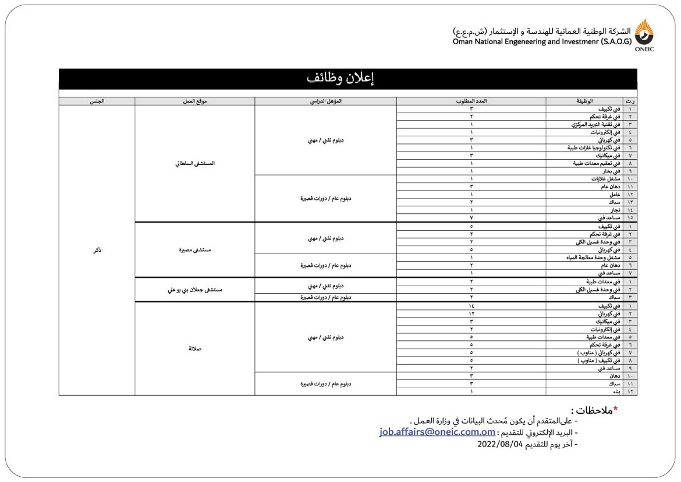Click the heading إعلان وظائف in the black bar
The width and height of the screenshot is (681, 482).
348,79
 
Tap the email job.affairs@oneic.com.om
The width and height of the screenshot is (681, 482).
437,432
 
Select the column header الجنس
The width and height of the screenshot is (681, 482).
97,101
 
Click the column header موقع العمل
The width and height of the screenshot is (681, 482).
194,101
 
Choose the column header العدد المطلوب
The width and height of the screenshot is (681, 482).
471,101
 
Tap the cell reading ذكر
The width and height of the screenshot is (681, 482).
97,250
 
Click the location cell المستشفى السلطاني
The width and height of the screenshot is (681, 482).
194,163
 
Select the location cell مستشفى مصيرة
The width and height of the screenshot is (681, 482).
194,250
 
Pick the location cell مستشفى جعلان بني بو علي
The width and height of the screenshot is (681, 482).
194,290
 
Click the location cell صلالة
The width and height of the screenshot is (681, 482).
194,349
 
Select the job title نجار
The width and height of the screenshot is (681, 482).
613,210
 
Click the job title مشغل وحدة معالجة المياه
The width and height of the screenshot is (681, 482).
594,258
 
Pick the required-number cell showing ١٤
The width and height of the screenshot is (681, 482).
471,306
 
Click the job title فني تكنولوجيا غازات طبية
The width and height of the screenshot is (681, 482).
594,148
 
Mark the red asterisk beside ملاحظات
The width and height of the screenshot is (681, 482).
615,409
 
